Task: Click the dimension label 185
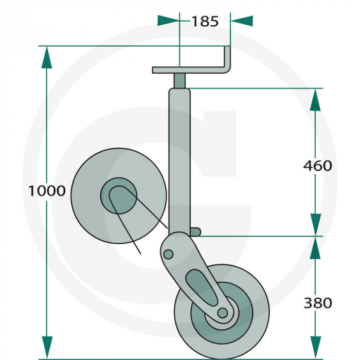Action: (205, 21)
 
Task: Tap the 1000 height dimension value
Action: (47, 191)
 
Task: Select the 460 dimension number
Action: (317, 166)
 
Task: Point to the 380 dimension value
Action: (317, 303)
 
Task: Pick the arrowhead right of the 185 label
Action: (242, 21)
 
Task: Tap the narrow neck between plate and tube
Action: (179, 81)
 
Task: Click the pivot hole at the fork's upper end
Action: (168, 254)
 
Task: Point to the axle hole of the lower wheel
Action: (222, 312)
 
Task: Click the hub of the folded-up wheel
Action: (119, 198)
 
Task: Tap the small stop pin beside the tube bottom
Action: (195, 232)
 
